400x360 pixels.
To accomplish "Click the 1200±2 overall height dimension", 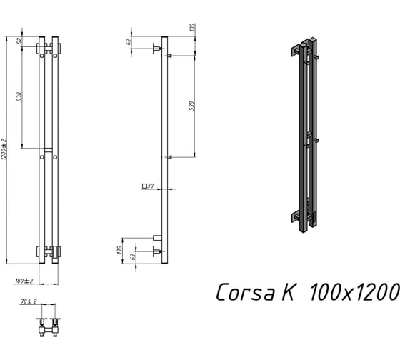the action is click(3, 149).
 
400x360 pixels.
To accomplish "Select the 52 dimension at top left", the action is click(19, 41).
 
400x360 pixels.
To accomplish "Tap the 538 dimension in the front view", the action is click(19, 96).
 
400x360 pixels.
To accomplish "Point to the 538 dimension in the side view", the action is click(191, 106).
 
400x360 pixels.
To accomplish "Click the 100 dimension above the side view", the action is click(193, 27).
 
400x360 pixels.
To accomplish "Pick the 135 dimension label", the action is click(119, 250).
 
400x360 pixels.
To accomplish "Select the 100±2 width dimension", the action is click(24, 281).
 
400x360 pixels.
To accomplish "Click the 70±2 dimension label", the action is click(29, 301).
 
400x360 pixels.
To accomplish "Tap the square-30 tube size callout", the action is click(148, 186).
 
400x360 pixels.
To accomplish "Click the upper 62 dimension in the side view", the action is click(129, 41).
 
